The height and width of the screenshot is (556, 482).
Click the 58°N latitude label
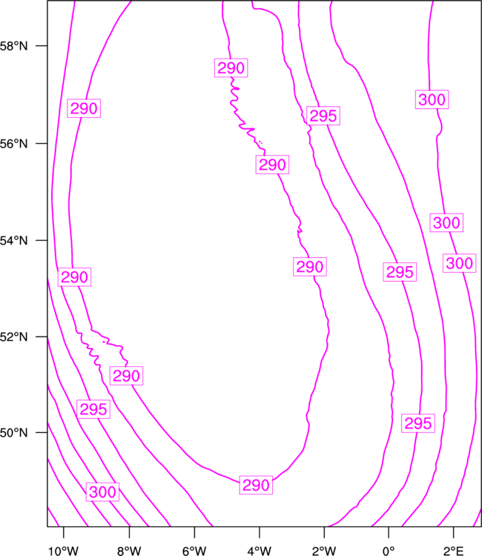coord(13,46)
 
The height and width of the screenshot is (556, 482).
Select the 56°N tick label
coord(13,144)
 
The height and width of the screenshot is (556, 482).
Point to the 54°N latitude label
coord(13,241)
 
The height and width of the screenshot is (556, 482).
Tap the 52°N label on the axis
coord(13,337)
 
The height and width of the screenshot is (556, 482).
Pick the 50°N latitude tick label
coord(13,433)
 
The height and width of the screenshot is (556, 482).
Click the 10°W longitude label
coord(64,551)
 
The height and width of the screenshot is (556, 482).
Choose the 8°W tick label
coord(129,551)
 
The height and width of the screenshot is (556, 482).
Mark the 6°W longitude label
coord(194,551)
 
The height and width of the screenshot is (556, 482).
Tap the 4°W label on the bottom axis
coord(260,551)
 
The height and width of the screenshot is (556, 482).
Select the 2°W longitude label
coord(324,551)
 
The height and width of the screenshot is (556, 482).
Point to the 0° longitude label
coord(389,551)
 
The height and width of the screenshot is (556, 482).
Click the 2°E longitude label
coord(453,551)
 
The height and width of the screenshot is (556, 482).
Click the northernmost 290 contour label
coord(231,67)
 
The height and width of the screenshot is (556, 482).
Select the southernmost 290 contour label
coord(256,485)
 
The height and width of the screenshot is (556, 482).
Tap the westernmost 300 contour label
coord(102,492)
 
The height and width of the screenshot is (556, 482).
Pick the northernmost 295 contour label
coord(323,116)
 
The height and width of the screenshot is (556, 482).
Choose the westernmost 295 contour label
coord(93,409)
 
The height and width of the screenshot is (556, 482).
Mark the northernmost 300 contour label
coord(432,99)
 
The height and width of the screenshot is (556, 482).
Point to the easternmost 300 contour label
coord(459,263)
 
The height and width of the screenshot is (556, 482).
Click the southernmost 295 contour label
coord(418,423)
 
